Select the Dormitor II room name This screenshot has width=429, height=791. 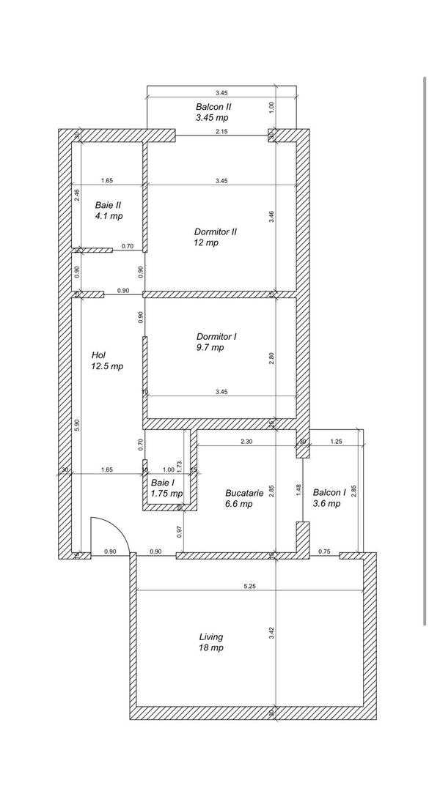click(x=216, y=231)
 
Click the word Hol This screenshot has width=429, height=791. click(x=99, y=354)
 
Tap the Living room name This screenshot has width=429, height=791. click(x=210, y=636)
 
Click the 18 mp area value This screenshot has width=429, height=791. click(x=210, y=648)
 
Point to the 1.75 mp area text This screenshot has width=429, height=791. click(x=167, y=494)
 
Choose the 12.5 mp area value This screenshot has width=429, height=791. click(x=107, y=366)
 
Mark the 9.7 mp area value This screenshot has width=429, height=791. click(x=210, y=348)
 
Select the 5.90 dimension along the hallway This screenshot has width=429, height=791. click(x=77, y=425)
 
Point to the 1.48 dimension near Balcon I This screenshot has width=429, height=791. click(x=298, y=489)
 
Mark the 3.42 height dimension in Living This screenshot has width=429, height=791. click(x=271, y=633)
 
